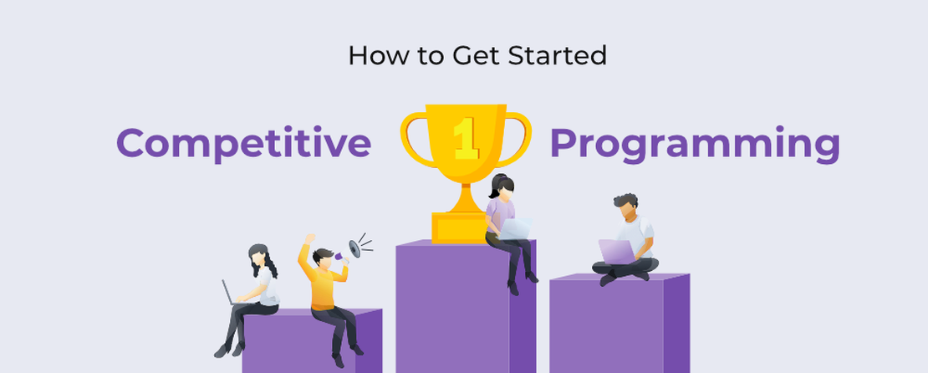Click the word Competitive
[x=243, y=144]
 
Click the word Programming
[x=694, y=144]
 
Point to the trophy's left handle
[x=413, y=134]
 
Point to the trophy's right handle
[x=518, y=134]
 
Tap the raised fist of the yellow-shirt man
[x=310, y=240]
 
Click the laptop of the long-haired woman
[x=227, y=294]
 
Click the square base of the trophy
[x=458, y=226]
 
